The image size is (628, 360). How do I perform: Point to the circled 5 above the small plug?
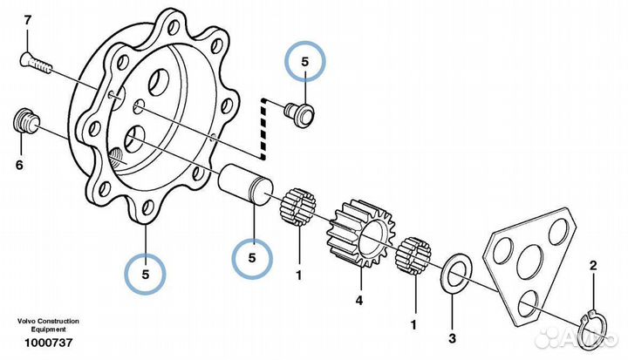point(305,63)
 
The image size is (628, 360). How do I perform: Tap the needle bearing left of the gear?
point(297,210)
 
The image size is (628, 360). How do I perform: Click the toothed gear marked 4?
point(357,234)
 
